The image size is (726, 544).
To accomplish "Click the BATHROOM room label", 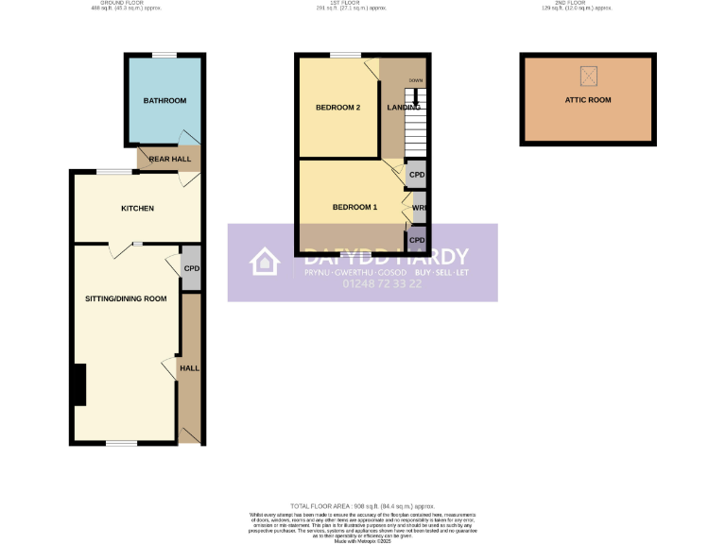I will click(164, 100).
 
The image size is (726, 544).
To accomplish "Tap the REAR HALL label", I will click(169, 159).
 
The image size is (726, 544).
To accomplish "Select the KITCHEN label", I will click(137, 208).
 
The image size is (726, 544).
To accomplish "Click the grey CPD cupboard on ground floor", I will click(191, 268).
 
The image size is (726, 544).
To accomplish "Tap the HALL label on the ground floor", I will click(190, 367).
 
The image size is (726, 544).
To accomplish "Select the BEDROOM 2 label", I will click(337, 108).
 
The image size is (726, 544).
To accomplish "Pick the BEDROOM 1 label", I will click(354, 207).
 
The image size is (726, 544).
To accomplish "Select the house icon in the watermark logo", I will click(265, 263).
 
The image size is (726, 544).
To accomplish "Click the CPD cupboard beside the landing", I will click(416, 176).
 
